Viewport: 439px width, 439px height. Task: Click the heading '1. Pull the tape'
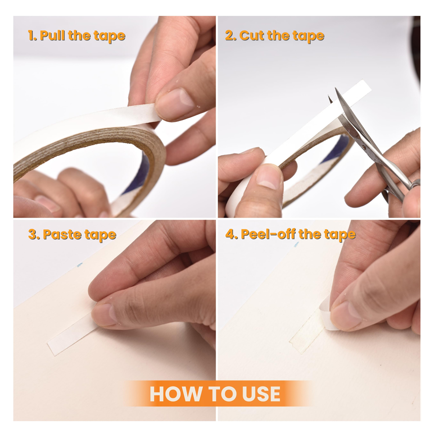[x=77, y=36]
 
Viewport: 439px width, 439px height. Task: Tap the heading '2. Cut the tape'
[x=275, y=36]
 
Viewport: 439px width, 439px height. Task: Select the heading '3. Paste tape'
[x=72, y=234]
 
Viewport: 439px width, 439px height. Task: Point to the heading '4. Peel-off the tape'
[x=291, y=234]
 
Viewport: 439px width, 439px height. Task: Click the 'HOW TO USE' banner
[x=215, y=394]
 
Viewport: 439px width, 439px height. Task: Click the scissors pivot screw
[x=363, y=147]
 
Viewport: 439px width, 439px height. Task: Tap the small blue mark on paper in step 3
[x=80, y=265]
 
